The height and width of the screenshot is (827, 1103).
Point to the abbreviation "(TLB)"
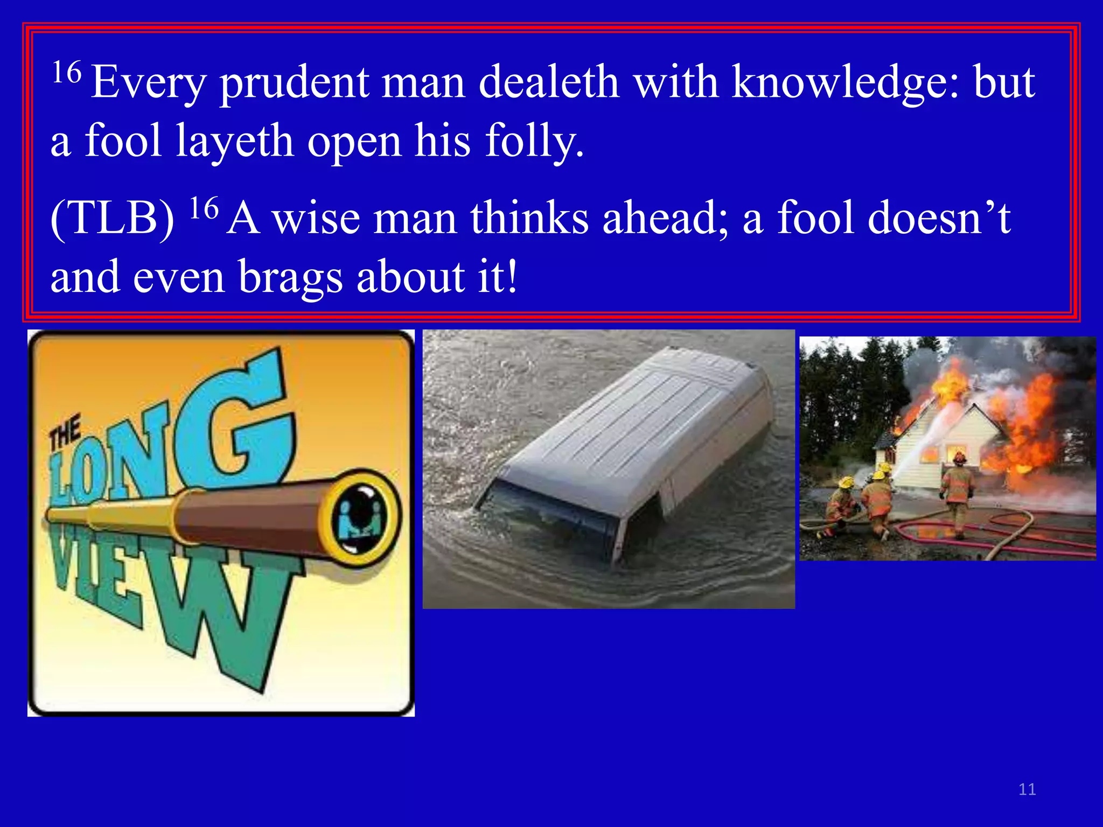(112, 218)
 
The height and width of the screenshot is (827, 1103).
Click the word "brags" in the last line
(290, 277)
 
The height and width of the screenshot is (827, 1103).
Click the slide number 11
(1027, 789)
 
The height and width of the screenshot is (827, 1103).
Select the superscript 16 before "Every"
(67, 72)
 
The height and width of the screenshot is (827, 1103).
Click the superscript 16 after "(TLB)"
(204, 208)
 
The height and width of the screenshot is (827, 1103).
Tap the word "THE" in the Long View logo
(65, 432)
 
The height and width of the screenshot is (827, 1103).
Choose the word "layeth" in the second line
(235, 141)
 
